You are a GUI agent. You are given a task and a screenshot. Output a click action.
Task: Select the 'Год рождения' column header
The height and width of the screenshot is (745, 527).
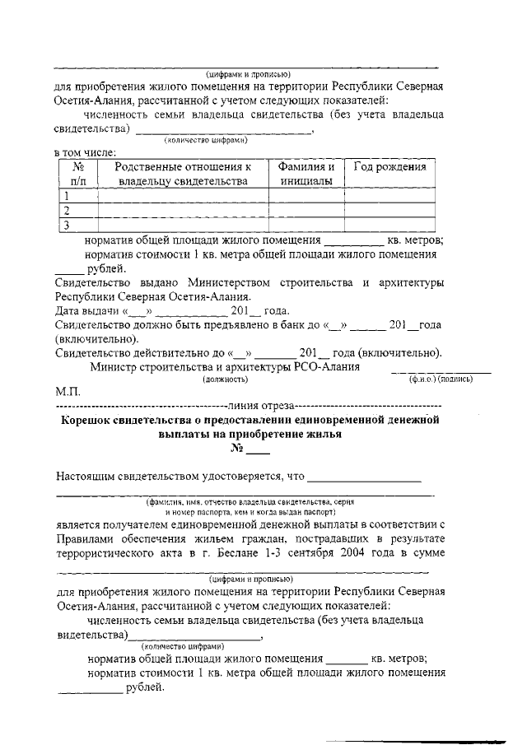[389, 166]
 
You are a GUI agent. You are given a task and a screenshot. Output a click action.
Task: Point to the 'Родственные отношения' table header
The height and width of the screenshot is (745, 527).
[183, 173]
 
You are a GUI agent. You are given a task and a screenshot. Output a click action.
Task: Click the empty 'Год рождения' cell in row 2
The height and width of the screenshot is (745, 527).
[389, 211]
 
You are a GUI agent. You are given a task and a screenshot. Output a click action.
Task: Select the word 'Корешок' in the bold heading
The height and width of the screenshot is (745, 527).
[92, 421]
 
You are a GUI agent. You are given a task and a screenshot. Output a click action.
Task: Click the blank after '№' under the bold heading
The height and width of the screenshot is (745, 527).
[259, 450]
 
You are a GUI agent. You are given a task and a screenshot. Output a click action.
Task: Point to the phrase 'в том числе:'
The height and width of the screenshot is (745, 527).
[85, 151]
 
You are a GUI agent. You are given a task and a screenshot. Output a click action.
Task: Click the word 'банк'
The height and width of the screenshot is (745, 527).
[295, 325]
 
